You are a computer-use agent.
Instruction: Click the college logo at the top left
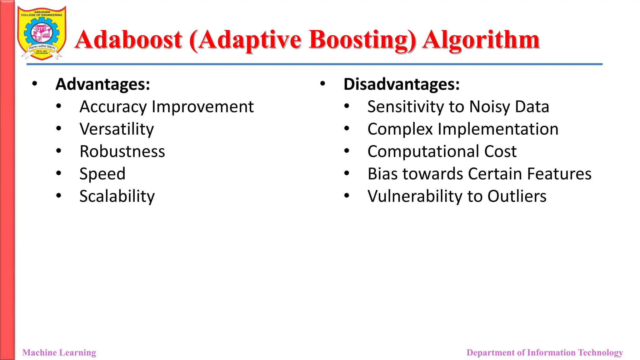point(42,33)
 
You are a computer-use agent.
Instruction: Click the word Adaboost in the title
point(128,40)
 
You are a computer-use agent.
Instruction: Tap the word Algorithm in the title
point(481,40)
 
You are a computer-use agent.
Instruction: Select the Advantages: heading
point(103,84)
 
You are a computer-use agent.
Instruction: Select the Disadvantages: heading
point(402,84)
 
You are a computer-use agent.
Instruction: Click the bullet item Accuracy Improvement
point(167,107)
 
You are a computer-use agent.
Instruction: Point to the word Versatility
point(117,129)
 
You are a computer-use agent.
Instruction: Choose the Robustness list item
point(122,152)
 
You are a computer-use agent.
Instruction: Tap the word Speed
point(102,174)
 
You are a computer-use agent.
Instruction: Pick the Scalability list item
point(117,196)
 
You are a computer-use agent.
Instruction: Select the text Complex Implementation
point(463,129)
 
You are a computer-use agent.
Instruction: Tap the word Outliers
point(517,196)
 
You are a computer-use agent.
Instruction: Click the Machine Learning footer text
point(59,352)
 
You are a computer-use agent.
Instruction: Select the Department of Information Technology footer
point(545,352)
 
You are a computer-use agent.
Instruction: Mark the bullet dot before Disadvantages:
point(323,83)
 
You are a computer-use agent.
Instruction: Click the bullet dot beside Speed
point(59,173)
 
